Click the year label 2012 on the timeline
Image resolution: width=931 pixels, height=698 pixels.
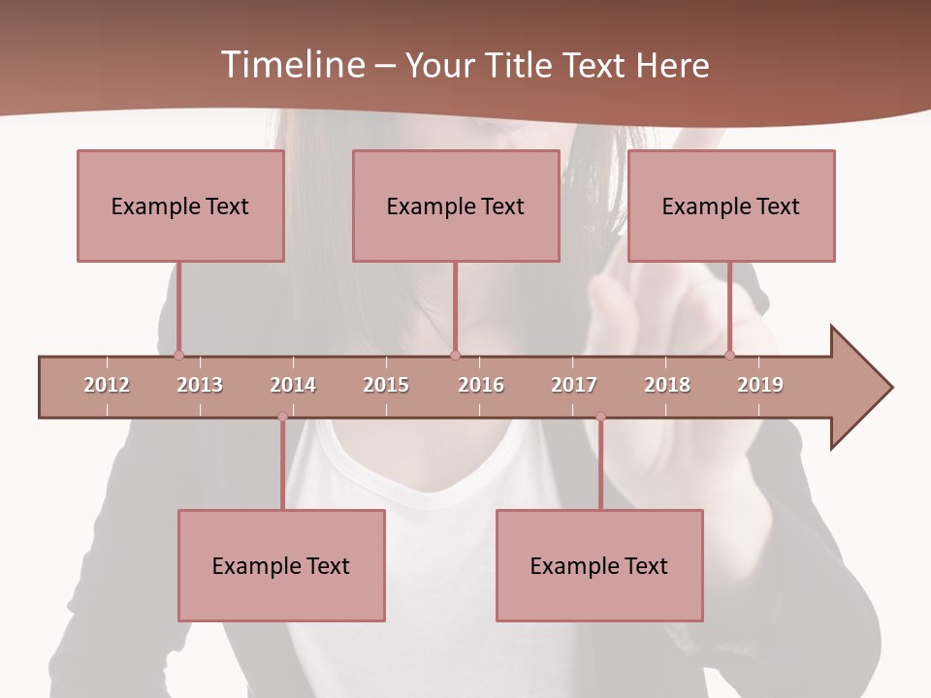point(107,385)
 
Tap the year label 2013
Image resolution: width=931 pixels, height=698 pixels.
point(200,385)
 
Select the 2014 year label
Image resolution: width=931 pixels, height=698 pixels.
point(293,385)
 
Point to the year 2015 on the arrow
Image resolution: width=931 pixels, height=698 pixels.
point(386,385)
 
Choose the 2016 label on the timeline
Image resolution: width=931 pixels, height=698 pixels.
point(481,385)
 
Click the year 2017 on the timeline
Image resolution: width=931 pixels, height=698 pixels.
point(574,385)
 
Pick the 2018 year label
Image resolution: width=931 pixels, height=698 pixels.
point(667,385)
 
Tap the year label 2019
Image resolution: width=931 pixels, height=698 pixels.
point(760,385)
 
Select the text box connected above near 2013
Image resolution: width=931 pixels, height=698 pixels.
point(180,206)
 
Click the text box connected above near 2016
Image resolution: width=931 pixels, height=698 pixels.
point(456,206)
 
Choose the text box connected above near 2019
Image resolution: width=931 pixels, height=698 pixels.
point(731,206)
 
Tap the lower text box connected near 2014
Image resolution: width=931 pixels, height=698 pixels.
point(281,565)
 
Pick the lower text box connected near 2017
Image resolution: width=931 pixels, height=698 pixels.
point(599,565)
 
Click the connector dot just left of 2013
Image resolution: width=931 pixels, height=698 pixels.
point(178,355)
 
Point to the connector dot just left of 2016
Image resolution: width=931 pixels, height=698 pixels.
point(455,355)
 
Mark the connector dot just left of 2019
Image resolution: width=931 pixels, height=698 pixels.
point(730,355)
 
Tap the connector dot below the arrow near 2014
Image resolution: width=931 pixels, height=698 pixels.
point(282,417)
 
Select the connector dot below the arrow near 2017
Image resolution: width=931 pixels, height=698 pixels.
point(600,417)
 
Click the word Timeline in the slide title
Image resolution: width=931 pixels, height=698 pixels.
point(293,65)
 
